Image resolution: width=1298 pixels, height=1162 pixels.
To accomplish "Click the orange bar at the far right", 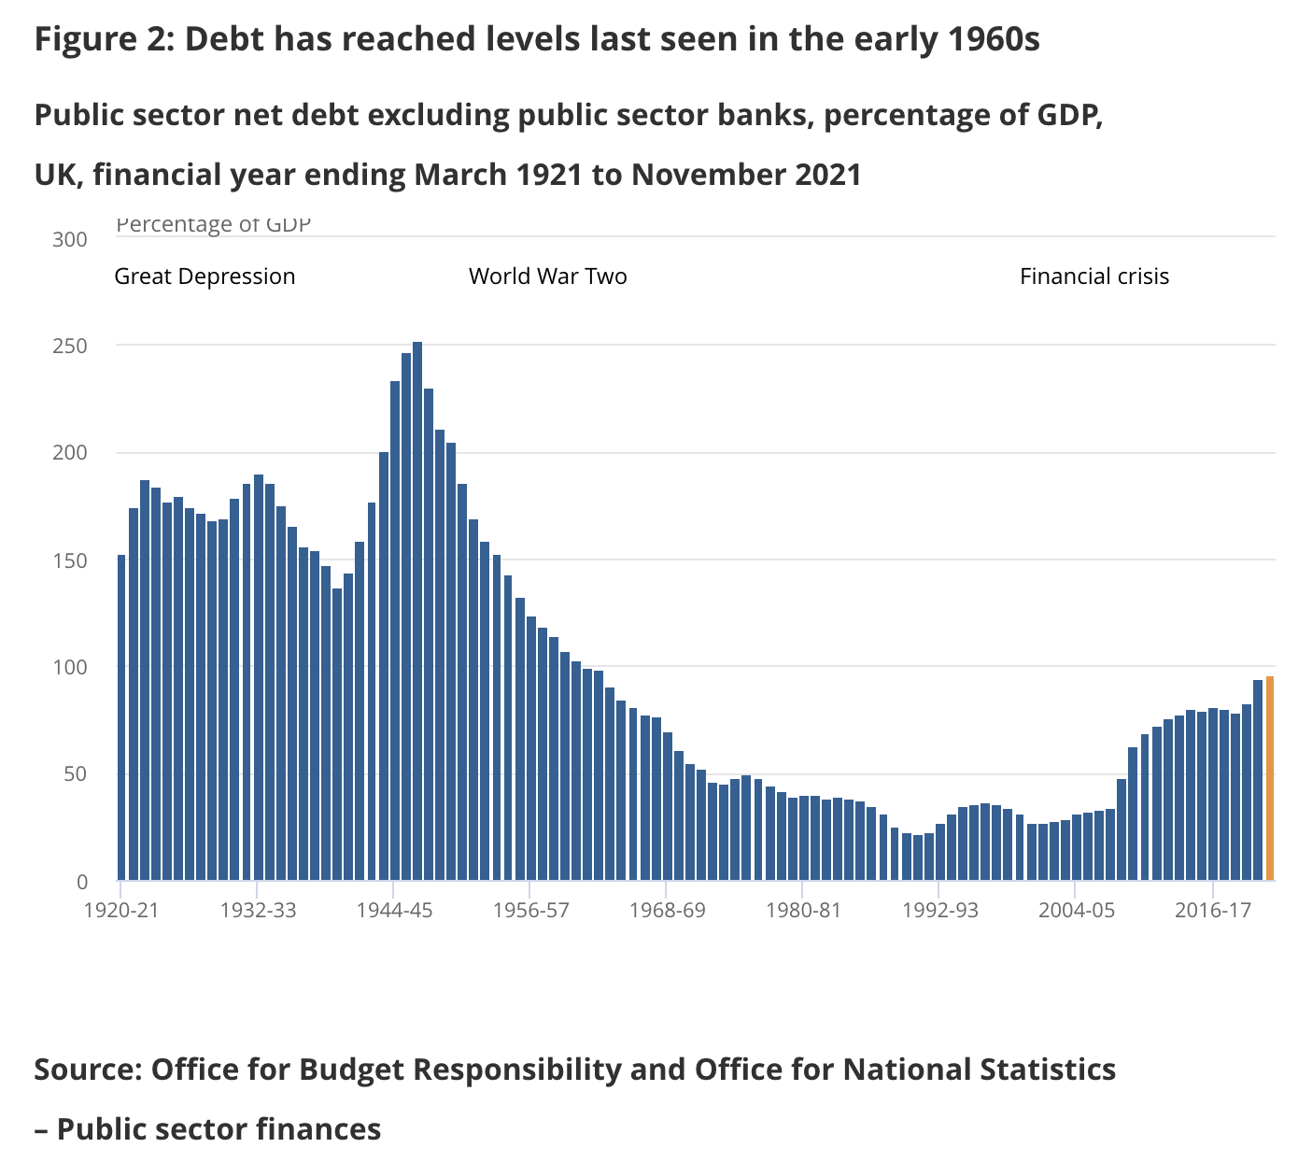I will click(x=1269, y=778).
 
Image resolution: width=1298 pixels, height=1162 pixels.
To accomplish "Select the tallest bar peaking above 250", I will click(x=417, y=612).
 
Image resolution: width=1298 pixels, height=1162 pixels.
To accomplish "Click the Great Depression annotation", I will click(x=205, y=276).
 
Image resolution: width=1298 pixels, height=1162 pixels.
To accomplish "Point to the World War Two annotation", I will click(x=547, y=276).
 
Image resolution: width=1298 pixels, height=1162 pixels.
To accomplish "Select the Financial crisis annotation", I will click(x=1093, y=276).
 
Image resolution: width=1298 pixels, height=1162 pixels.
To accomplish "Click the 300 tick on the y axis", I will click(x=70, y=239).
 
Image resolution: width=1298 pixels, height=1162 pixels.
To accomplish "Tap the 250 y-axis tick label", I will click(x=70, y=347).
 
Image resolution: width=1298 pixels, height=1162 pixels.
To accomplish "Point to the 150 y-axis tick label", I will click(x=70, y=560).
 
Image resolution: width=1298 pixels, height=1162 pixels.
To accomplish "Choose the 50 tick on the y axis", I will click(x=76, y=774).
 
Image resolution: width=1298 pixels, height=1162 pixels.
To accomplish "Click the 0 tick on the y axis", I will click(x=81, y=881).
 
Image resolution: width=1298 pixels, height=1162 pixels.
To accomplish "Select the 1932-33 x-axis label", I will click(x=258, y=910).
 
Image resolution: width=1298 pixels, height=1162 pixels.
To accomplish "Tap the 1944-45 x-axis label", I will click(x=394, y=910).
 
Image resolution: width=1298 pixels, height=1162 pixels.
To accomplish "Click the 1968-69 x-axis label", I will click(x=667, y=910).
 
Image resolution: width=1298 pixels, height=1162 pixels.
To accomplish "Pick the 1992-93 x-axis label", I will click(x=939, y=910).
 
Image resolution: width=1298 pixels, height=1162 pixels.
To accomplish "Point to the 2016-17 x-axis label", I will click(x=1212, y=910).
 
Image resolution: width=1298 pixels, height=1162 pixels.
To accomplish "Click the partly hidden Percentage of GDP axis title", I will click(x=213, y=225).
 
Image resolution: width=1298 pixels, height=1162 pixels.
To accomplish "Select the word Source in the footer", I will click(x=86, y=1068).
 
